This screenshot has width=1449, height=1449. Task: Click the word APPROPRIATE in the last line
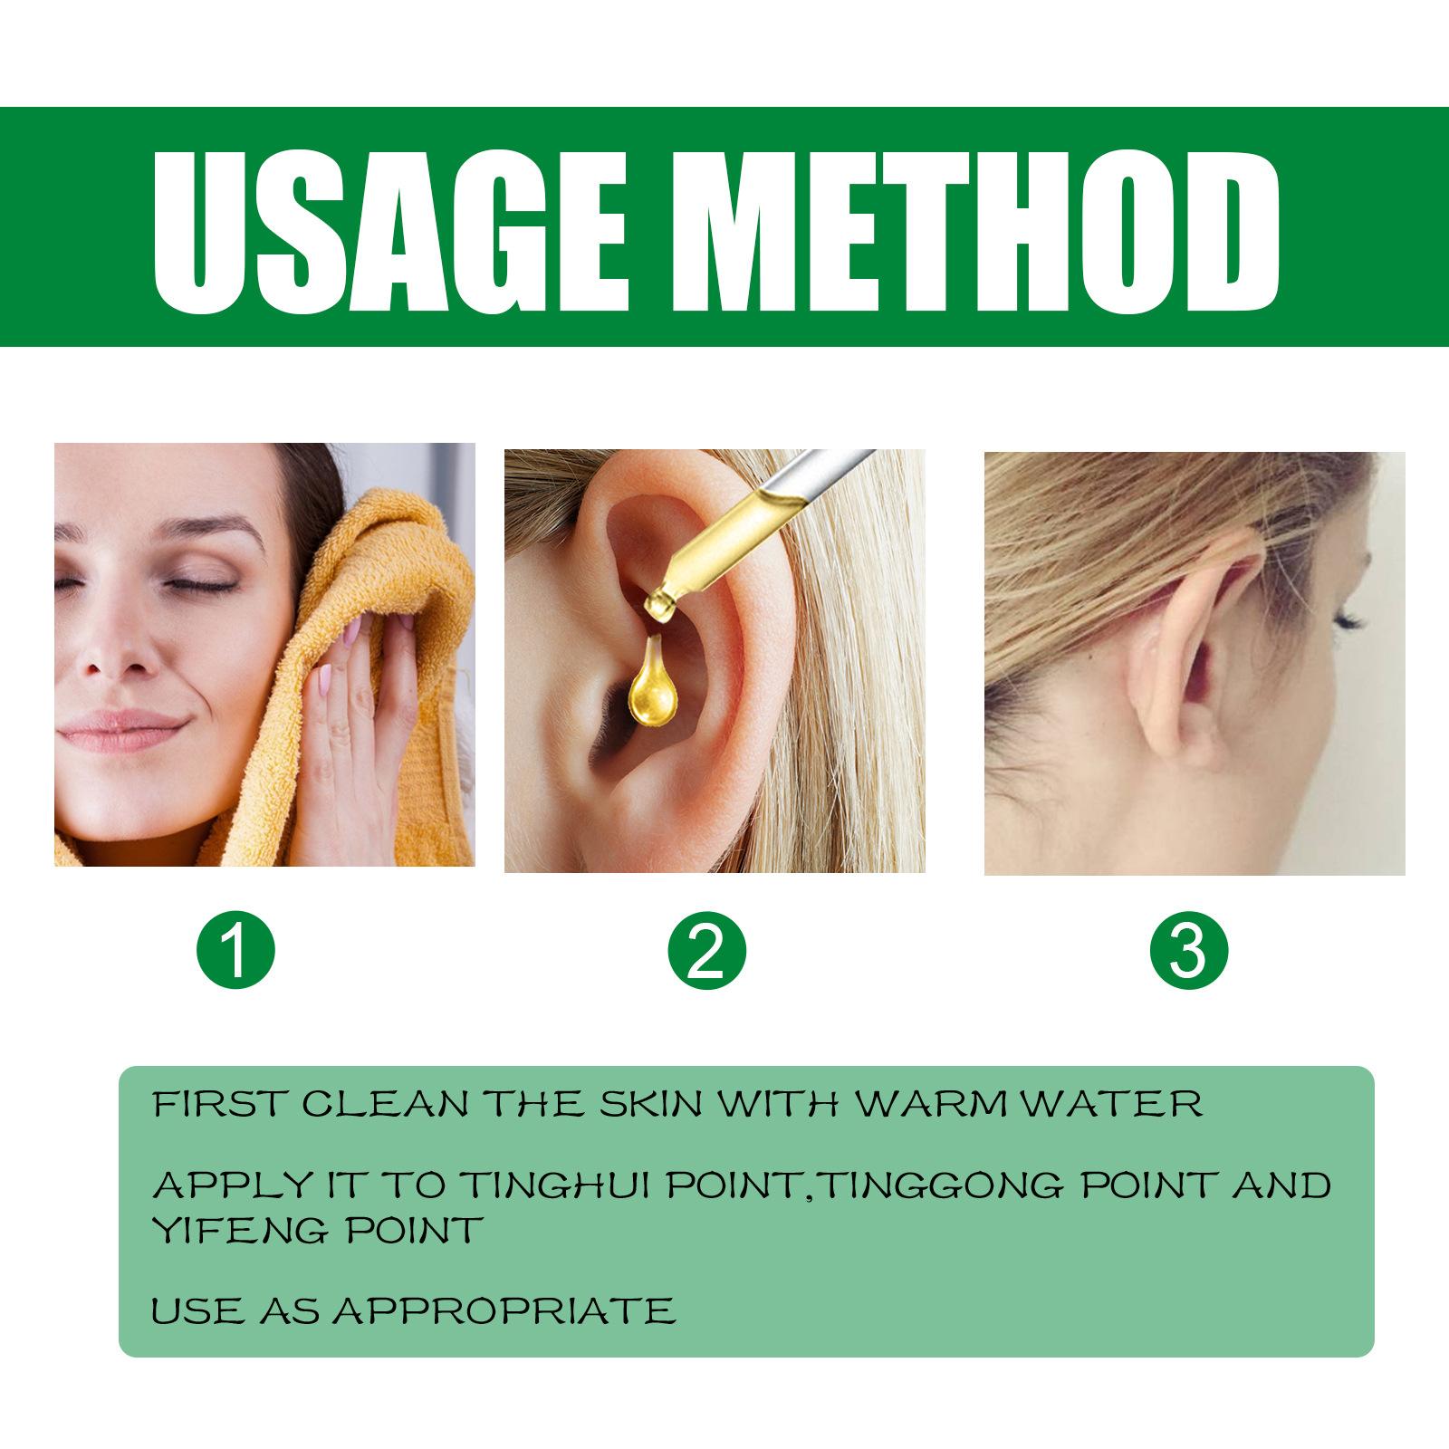[502, 1310]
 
